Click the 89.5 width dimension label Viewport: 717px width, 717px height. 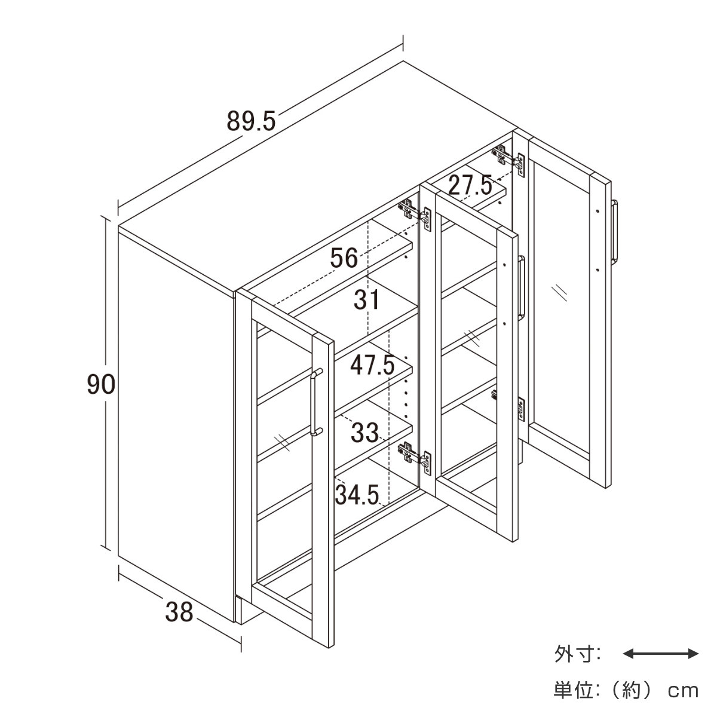[x=251, y=121]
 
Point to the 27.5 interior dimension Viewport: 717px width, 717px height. [x=470, y=185]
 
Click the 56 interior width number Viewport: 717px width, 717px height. [x=344, y=258]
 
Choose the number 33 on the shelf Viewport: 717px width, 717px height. [x=364, y=433]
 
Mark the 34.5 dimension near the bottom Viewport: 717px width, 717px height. [x=357, y=495]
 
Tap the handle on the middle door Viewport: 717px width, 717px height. [x=522, y=287]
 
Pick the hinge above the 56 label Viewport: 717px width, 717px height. [x=415, y=215]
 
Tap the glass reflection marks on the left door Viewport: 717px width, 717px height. [x=281, y=442]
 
